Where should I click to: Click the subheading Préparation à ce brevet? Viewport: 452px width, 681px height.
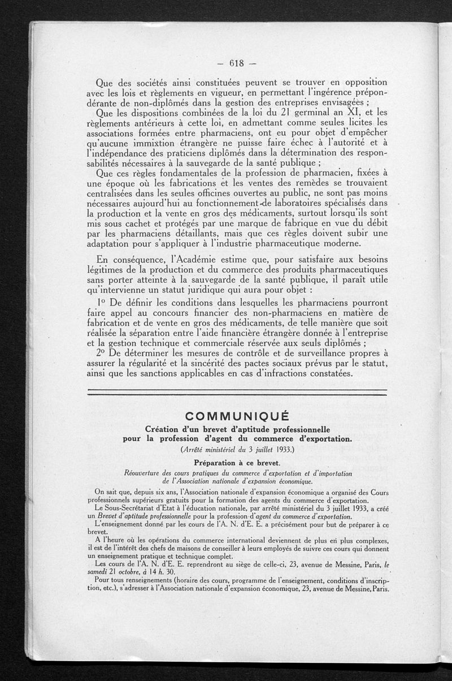(237, 462)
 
